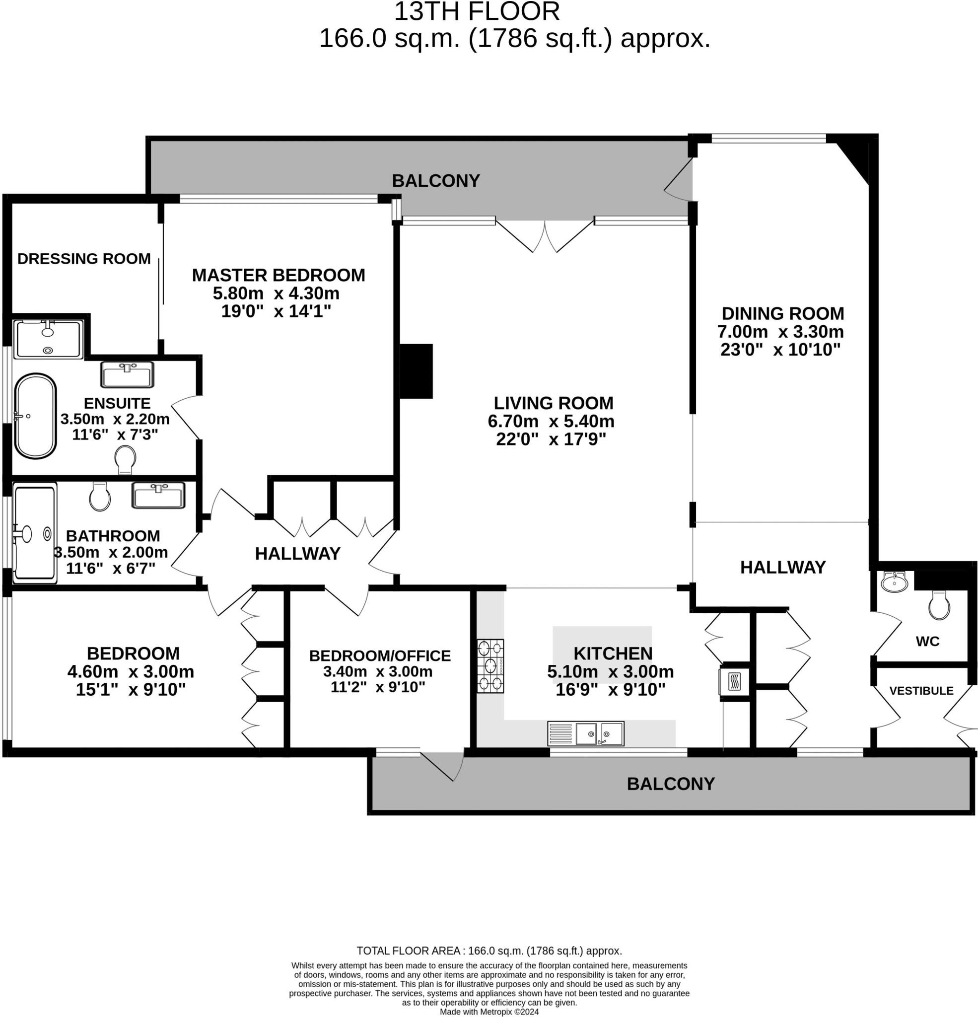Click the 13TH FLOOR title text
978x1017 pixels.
[x=477, y=12]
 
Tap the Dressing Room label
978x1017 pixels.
[x=84, y=258]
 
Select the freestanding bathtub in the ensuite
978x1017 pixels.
[x=35, y=416]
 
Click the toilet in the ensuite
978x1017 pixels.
[x=125, y=459]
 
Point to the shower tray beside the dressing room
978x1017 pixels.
[x=48, y=339]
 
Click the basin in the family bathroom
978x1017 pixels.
[x=158, y=496]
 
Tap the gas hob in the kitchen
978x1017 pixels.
[x=490, y=666]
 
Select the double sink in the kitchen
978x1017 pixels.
[x=586, y=733]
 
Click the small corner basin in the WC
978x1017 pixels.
[x=894, y=581]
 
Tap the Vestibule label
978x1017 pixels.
[x=921, y=691]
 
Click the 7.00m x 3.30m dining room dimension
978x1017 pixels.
[x=780, y=331]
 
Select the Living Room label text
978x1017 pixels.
[x=553, y=403]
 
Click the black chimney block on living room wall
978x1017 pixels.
[x=416, y=371]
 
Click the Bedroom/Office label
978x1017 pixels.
[x=380, y=655]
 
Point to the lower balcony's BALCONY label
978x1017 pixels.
[x=670, y=784]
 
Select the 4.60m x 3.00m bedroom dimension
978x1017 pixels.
[x=131, y=671]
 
